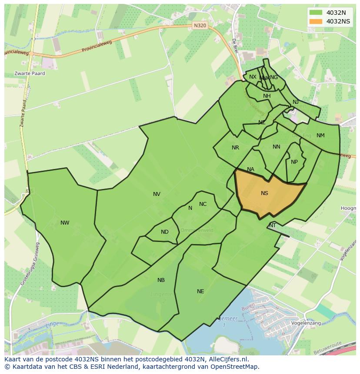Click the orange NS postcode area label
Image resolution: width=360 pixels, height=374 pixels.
point(264,193)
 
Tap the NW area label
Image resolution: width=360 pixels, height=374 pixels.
point(65,223)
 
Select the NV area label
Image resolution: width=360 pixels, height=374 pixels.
point(157,194)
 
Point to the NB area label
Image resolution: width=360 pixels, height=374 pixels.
point(161,280)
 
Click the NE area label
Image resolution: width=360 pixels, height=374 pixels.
point(200,291)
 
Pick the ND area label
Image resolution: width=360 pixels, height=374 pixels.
point(164,232)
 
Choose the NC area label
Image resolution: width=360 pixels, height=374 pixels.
point(203,204)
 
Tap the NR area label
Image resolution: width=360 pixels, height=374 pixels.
point(235,148)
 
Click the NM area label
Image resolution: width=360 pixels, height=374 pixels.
point(320,136)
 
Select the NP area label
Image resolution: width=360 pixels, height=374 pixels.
point(294,162)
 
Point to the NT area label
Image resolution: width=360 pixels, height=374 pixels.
point(273,225)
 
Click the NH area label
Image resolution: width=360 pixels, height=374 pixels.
point(267,96)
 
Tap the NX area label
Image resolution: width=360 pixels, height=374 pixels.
point(253,77)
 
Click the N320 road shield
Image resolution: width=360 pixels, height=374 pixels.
point(200,26)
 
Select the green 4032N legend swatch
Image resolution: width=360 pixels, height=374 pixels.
point(316,13)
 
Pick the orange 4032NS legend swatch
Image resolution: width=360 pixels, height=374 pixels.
point(316,21)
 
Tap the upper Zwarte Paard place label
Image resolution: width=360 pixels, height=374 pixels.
point(30,73)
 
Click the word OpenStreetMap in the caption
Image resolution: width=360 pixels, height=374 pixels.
point(235,367)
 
